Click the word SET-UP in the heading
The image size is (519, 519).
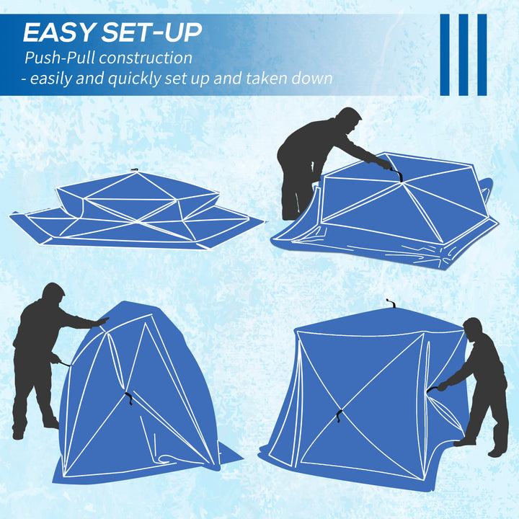tap(151, 32)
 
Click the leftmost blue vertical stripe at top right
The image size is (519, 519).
tap(445, 55)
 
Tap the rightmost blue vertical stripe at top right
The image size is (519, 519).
tap(482, 55)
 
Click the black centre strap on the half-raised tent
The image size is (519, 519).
tap(128, 397)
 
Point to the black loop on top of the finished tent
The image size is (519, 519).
tap(390, 304)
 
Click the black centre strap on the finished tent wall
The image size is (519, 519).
tap(339, 416)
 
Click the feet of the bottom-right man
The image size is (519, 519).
tap(479, 447)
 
